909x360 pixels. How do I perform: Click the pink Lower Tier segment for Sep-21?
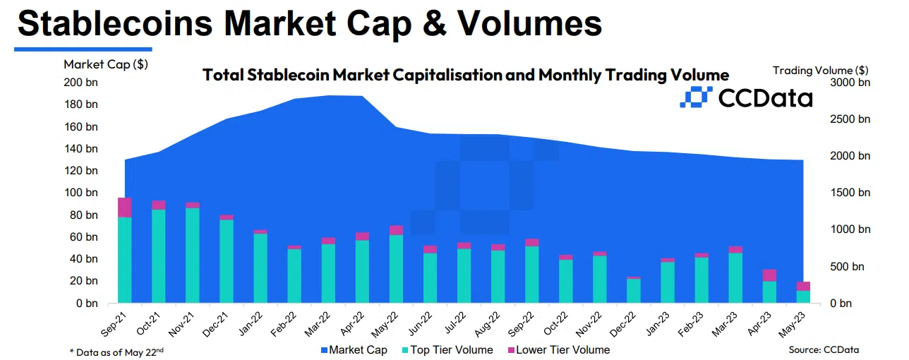(x=125, y=208)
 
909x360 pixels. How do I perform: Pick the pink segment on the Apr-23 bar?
(x=769, y=275)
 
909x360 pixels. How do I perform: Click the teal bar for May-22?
(x=396, y=269)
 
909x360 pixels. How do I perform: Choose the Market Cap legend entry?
(x=354, y=349)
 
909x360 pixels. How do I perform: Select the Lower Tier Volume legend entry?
(x=558, y=349)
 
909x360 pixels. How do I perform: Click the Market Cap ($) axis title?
(x=106, y=64)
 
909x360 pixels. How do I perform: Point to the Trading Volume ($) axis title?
(x=820, y=70)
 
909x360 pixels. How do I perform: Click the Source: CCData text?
(x=824, y=349)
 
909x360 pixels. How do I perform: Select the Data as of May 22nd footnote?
(x=117, y=351)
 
